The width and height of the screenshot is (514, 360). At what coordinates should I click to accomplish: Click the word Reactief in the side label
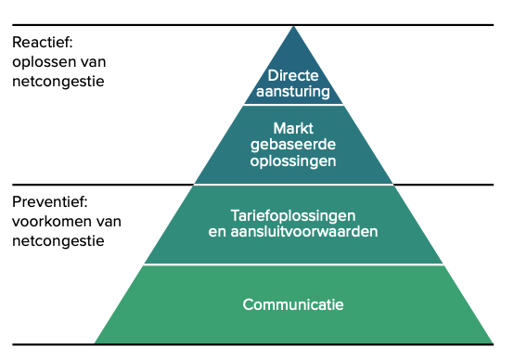(42, 43)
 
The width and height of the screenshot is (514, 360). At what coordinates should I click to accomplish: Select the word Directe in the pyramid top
(293, 74)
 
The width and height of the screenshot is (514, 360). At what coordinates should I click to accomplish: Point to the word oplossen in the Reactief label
(42, 61)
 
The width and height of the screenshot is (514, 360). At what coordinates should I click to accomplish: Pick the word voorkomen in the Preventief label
(48, 221)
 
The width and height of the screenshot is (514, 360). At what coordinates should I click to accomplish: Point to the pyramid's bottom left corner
(95, 343)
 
